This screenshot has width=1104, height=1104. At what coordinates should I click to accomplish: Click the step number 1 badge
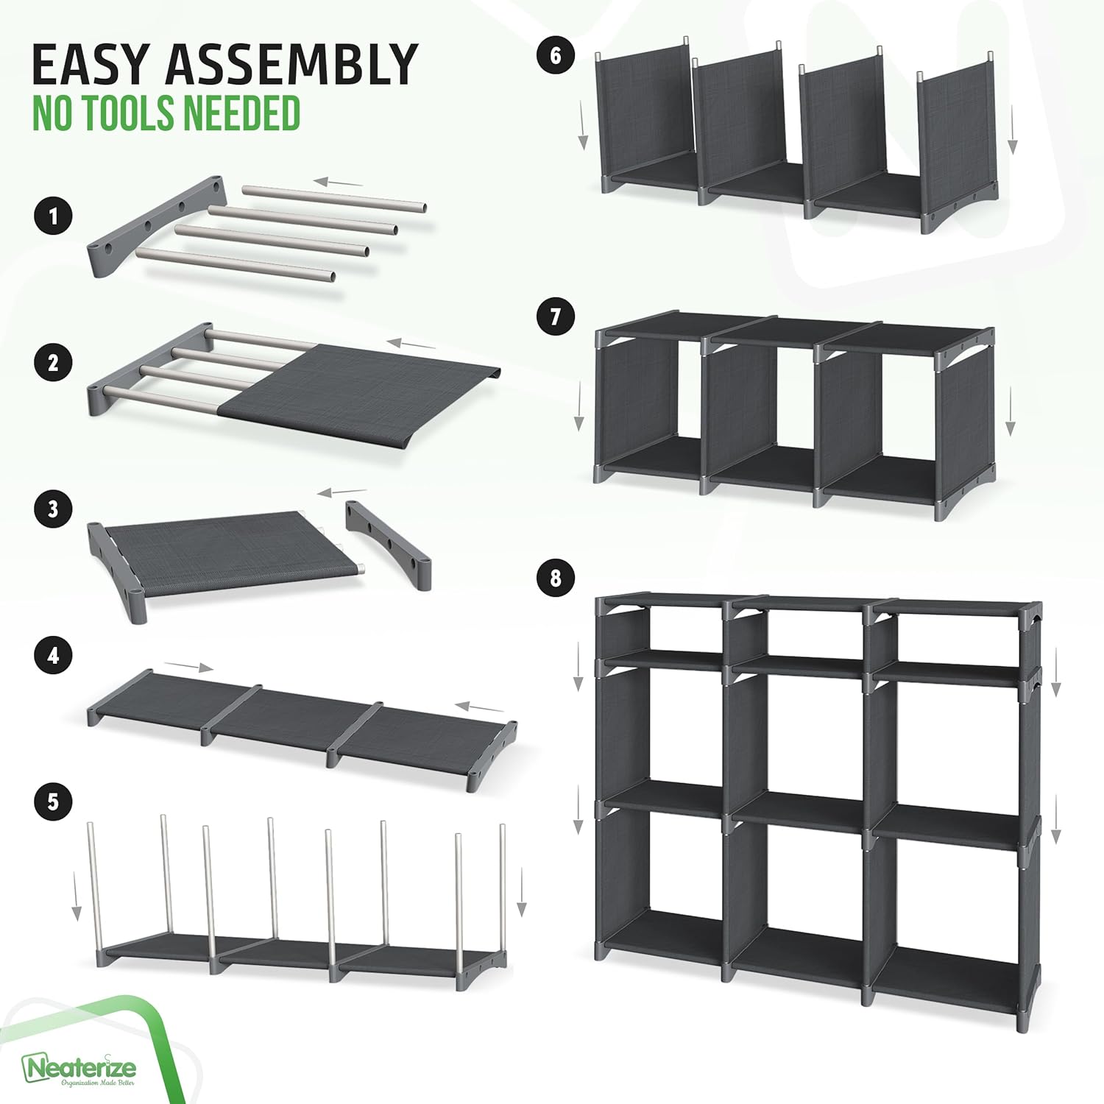click(52, 216)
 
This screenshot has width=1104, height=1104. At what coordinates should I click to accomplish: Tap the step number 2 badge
click(52, 363)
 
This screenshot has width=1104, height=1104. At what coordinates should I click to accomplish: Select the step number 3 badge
click(52, 509)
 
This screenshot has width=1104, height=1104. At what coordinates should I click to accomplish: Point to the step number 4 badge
click(52, 655)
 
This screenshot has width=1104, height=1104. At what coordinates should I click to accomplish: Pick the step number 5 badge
click(52, 802)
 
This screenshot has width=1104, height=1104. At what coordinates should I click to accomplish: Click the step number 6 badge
click(555, 55)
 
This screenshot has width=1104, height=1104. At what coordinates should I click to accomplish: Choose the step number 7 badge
click(555, 316)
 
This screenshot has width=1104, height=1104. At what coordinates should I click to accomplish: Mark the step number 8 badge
click(555, 578)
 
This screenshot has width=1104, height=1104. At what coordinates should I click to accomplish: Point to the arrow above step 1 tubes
click(338, 182)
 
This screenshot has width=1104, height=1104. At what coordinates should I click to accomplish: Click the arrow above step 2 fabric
click(411, 343)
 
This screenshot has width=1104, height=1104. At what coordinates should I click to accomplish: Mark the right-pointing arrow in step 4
click(188, 667)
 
